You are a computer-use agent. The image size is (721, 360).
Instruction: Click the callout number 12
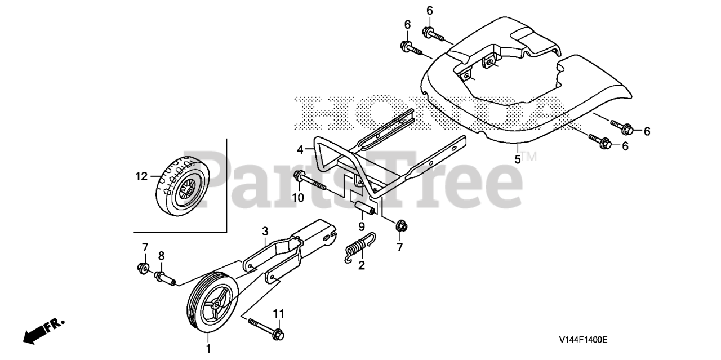[141, 176]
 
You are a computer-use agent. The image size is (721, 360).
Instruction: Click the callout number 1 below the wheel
[208, 349]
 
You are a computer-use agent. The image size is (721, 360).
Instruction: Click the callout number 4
[300, 149]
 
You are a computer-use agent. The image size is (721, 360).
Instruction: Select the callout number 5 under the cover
[518, 159]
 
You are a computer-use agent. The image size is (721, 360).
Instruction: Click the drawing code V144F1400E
[583, 340]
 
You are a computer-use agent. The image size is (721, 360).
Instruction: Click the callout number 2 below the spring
[362, 265]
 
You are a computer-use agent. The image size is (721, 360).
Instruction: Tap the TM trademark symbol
[528, 156]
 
